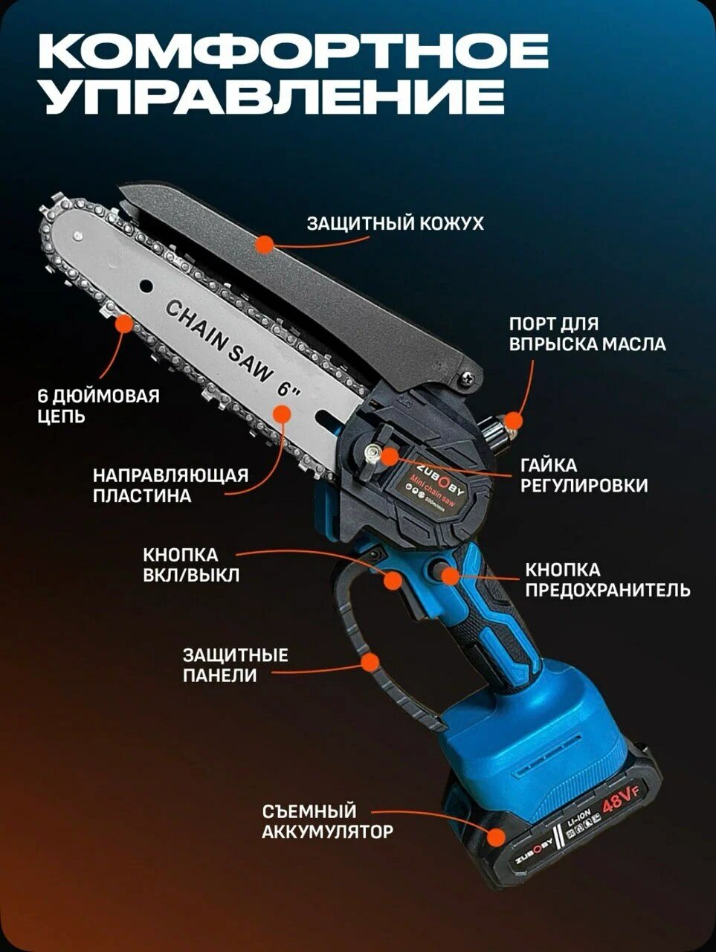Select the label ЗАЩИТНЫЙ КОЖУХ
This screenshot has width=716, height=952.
[395, 223]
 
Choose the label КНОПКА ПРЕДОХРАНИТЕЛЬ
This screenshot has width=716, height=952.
[607, 580]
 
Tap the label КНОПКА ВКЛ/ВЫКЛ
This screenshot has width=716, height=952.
[181, 565]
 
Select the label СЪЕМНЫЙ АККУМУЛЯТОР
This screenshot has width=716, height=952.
[326, 821]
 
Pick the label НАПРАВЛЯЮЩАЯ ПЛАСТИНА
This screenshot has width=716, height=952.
[170, 485]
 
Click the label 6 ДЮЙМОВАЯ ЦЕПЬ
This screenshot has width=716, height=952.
[98, 405]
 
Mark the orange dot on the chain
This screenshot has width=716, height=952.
[122, 324]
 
